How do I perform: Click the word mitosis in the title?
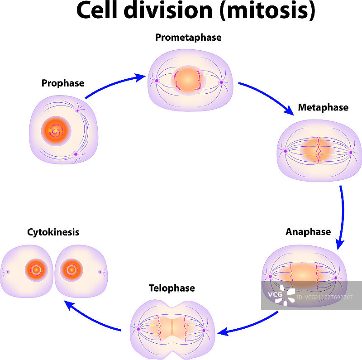267,11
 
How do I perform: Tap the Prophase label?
62,83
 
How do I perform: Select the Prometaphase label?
188,37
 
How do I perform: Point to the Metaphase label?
323,107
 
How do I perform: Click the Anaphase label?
308,231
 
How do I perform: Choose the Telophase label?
172,288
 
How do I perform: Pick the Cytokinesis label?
53,232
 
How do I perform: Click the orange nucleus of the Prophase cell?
55,131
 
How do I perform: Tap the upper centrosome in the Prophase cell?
77,110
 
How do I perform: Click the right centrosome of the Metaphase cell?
351,152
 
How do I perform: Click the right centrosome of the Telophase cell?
204,331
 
